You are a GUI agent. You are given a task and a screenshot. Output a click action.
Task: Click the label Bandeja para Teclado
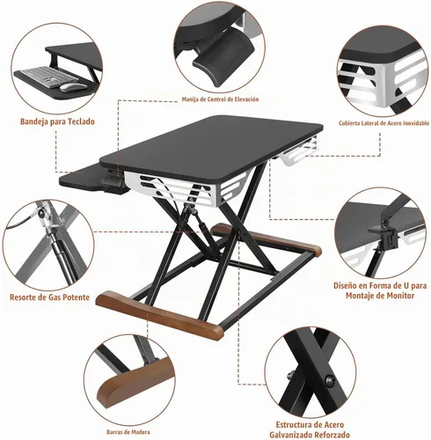(57, 121)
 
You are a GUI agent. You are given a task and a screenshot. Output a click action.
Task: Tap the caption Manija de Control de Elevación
(220, 99)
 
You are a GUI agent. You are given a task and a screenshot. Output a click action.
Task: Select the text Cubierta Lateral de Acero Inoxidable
(384, 123)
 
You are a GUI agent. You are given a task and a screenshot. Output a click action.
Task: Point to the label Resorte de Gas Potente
(49, 297)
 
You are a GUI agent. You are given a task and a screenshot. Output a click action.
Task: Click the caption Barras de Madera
(128, 432)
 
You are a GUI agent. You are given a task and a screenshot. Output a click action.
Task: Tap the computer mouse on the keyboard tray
(73, 87)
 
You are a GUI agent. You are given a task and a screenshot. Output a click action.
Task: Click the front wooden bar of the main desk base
(160, 315)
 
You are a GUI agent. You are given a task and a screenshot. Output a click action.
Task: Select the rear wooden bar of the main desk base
(266, 238)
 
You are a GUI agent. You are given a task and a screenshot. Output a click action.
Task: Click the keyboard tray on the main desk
(82, 178)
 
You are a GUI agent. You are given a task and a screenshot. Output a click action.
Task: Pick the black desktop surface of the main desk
(211, 147)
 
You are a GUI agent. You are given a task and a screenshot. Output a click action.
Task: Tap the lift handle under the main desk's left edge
(115, 183)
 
